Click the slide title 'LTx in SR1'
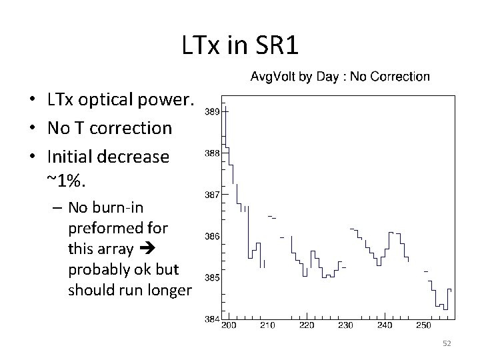(x=240, y=45)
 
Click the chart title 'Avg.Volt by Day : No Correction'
(x=339, y=77)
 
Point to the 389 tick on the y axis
(x=212, y=111)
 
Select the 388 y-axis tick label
(x=212, y=153)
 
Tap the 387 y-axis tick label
(x=212, y=195)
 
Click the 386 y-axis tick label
(x=212, y=236)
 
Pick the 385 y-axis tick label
(x=212, y=277)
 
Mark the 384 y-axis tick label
(x=212, y=319)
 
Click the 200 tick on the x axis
(x=229, y=325)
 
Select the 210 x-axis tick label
(x=268, y=325)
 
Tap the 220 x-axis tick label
(x=307, y=325)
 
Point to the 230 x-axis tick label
(x=345, y=325)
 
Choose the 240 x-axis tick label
(x=385, y=325)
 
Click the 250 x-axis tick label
(x=423, y=325)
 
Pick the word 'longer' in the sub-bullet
(x=169, y=291)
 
